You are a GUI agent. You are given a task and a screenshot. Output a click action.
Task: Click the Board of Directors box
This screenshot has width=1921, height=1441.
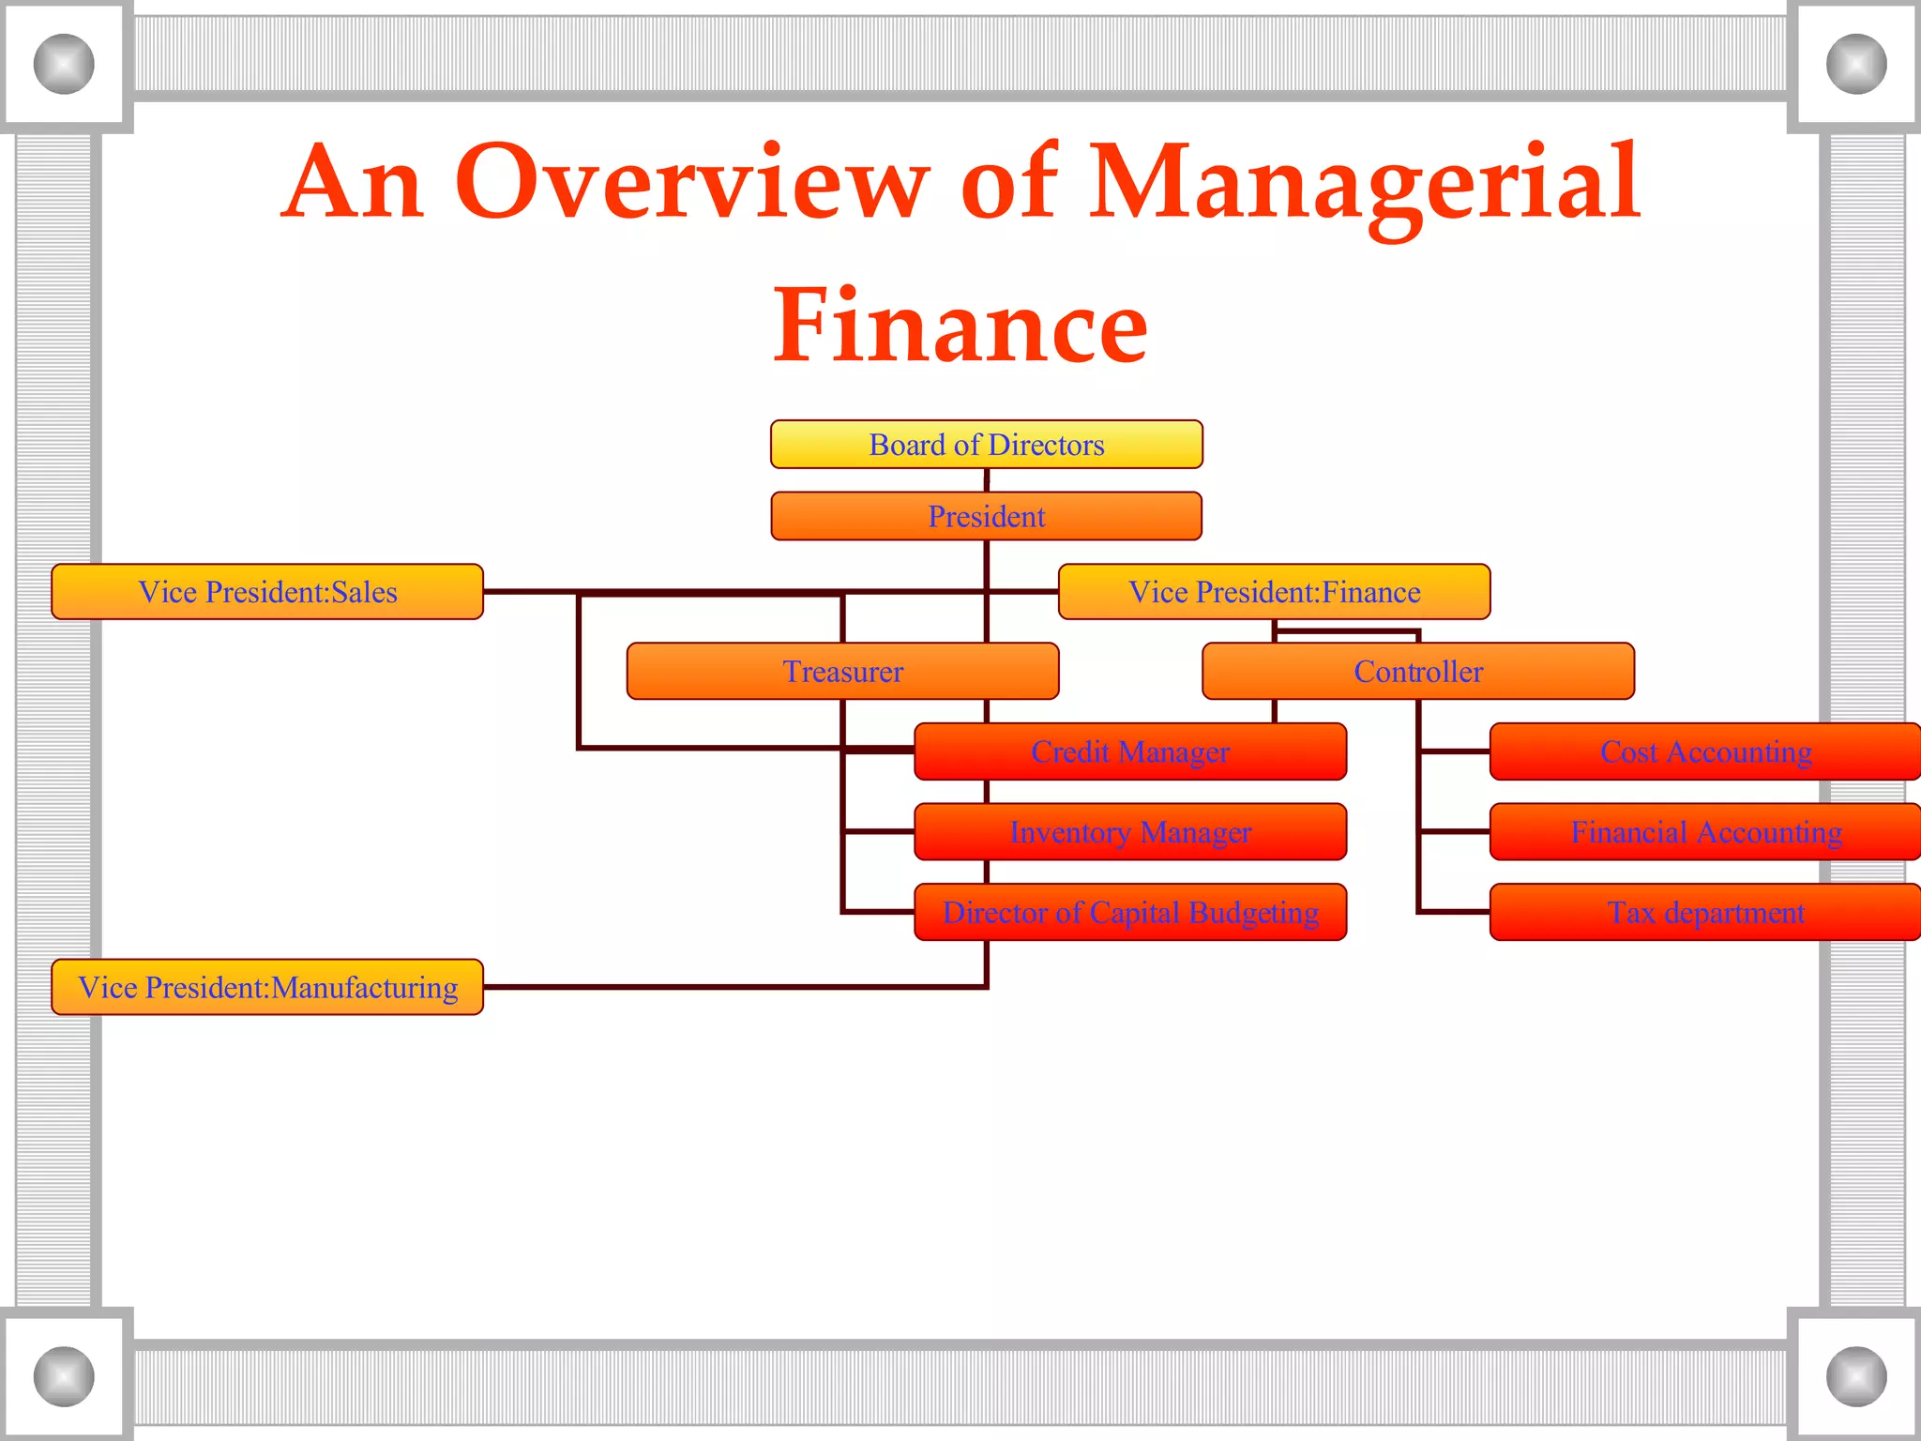coord(986,444)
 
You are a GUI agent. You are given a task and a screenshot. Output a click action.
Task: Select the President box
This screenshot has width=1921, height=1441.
coord(986,516)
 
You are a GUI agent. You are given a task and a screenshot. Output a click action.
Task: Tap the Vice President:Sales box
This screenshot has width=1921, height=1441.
coord(267,592)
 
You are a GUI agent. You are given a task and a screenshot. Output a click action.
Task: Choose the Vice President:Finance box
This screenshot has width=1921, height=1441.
coord(1274,592)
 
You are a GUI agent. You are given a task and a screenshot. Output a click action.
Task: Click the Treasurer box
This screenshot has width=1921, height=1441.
coord(842,672)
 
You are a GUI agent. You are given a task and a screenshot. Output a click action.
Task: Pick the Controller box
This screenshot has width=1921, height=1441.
coord(1417,672)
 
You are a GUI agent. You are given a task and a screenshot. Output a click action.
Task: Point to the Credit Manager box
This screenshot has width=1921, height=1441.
coord(1130,751)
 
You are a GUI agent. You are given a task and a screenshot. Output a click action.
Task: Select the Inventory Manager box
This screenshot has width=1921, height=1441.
coord(1130,832)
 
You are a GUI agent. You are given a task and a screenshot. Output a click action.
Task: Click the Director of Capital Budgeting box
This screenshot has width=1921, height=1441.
coord(1130,912)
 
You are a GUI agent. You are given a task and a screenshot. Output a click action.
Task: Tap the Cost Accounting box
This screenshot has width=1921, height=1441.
coord(1705,751)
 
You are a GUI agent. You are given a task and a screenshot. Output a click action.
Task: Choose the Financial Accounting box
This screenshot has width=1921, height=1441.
coord(1705,832)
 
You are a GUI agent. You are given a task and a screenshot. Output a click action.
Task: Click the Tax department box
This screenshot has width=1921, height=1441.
coord(1705,912)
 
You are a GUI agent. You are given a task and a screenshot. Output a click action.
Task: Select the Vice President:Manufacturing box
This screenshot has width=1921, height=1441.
coord(267,987)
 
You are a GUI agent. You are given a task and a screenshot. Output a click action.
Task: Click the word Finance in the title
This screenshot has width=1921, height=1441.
coord(960,326)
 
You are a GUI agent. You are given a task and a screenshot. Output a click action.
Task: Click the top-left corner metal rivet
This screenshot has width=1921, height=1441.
coord(64,64)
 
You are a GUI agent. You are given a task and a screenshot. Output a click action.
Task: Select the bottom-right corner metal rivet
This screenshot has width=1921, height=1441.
coord(1856,1376)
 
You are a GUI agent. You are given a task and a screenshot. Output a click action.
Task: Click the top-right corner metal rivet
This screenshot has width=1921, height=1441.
coord(1856,64)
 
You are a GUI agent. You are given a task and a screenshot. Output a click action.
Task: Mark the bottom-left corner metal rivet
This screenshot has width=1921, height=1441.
coord(64,1376)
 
